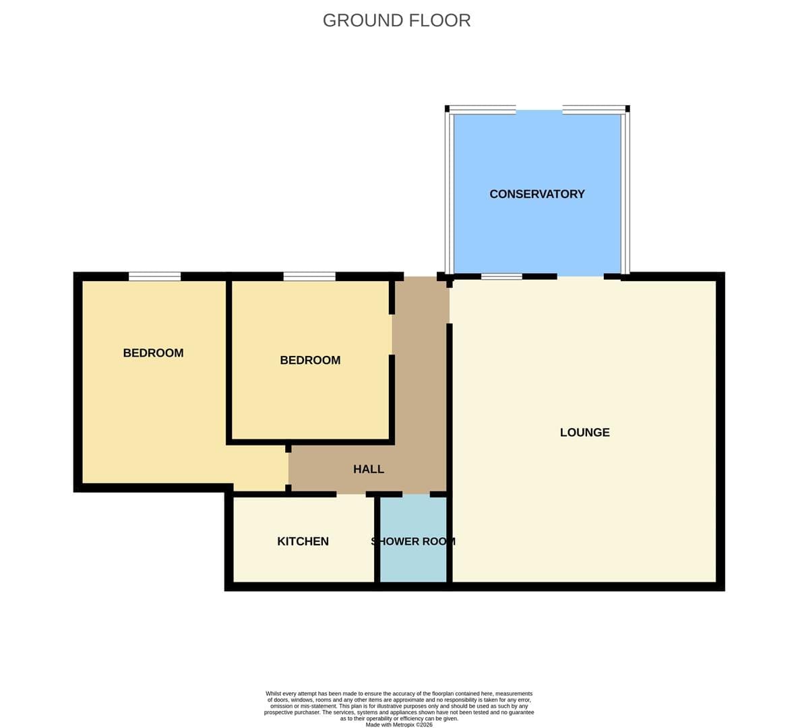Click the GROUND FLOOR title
(396, 20)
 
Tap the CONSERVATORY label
(537, 194)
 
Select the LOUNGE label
(585, 432)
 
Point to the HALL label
(369, 469)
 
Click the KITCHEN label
(303, 541)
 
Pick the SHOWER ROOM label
(413, 541)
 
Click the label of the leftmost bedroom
(153, 353)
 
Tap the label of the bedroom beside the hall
(310, 360)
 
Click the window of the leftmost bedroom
(155, 276)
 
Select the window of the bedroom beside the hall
(309, 276)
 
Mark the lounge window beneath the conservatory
(502, 276)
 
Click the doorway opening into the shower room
(417, 494)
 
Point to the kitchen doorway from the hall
(351, 494)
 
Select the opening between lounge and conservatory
(581, 276)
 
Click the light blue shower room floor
(413, 560)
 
